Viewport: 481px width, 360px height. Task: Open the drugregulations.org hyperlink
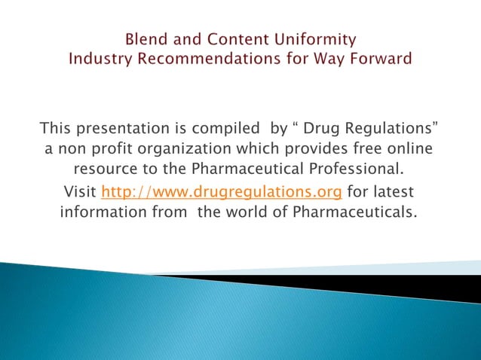point(222,191)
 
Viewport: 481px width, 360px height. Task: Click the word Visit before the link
point(80,191)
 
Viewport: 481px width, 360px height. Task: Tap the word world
point(254,212)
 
